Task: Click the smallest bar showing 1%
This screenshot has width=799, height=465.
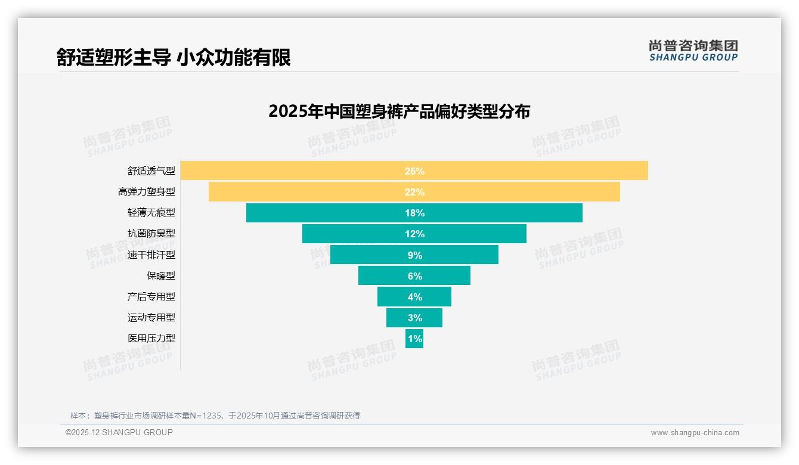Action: coord(414,339)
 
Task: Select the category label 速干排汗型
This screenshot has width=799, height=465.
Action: coord(151,255)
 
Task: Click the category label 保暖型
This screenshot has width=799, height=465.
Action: coord(161,276)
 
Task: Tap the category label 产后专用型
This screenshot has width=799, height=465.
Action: coord(151,297)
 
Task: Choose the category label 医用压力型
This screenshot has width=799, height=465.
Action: coord(151,339)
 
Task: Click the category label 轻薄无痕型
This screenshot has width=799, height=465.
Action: coord(151,213)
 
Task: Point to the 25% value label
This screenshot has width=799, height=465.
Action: coord(414,171)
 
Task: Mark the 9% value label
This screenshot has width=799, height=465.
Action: coord(414,255)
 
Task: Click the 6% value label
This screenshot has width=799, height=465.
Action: coord(414,276)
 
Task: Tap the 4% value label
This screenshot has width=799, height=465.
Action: coord(414,297)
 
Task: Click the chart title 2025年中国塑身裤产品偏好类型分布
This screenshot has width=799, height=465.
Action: coord(399,111)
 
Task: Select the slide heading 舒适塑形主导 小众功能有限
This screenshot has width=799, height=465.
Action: coord(174,58)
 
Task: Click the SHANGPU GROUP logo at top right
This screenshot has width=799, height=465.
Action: coord(693,51)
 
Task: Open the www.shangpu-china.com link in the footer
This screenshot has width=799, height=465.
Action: coord(695,433)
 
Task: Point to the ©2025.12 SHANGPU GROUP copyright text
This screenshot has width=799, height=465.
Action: coord(119,432)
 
